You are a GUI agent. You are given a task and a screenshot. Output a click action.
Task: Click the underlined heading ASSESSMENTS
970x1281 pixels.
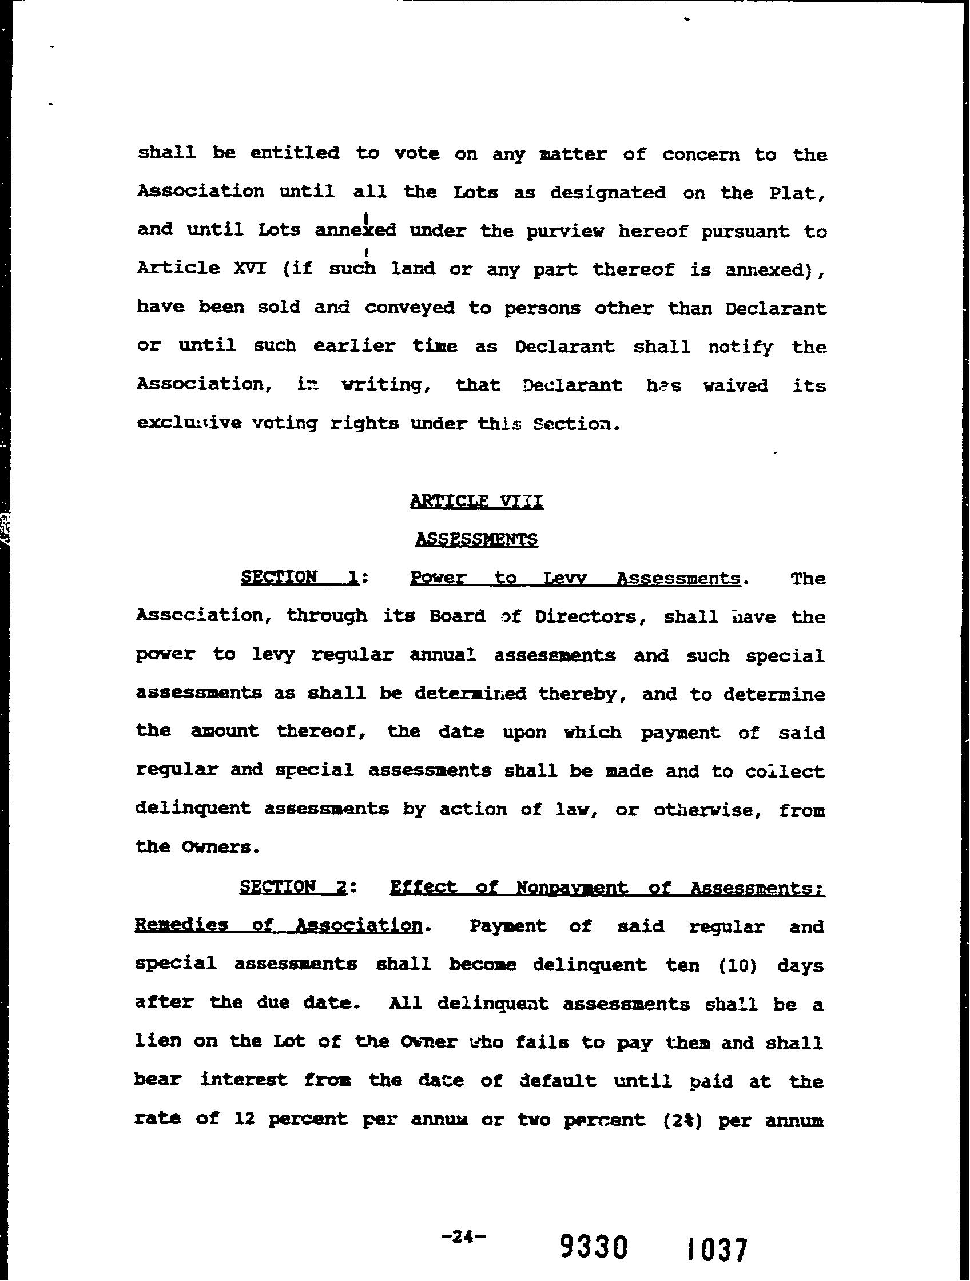[x=476, y=539]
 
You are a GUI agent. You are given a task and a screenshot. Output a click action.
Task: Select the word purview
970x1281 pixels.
[x=565, y=231]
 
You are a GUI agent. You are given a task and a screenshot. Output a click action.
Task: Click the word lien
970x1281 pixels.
[x=157, y=1042]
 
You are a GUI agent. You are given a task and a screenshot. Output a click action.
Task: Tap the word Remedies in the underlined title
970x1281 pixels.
[x=181, y=925]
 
